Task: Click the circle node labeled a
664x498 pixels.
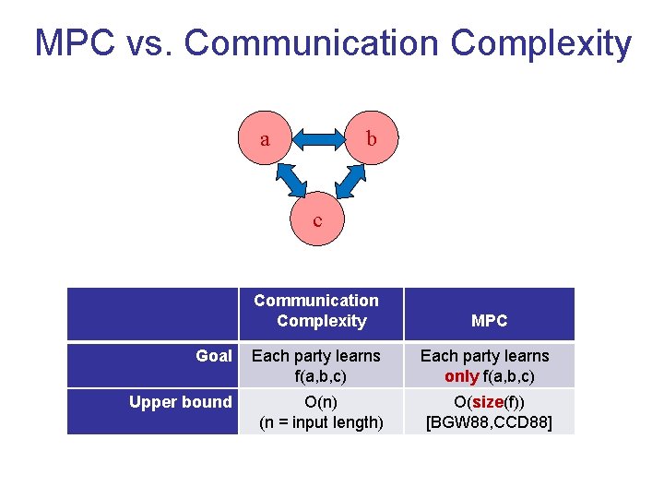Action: click(266, 140)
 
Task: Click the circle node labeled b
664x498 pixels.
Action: click(371, 140)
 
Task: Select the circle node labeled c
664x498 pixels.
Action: click(318, 220)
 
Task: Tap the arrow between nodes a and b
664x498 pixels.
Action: click(318, 140)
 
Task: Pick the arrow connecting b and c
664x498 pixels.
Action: click(349, 180)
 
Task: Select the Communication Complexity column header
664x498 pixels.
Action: click(316, 311)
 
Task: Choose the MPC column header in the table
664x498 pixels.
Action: click(489, 321)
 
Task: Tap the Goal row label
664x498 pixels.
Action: click(214, 356)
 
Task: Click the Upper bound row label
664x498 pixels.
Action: click(181, 402)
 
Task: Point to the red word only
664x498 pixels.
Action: click(461, 376)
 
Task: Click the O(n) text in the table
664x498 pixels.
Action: click(321, 402)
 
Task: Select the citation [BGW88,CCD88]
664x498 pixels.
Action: click(489, 422)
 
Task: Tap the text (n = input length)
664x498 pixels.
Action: click(321, 422)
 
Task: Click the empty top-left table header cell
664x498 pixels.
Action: click(152, 314)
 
